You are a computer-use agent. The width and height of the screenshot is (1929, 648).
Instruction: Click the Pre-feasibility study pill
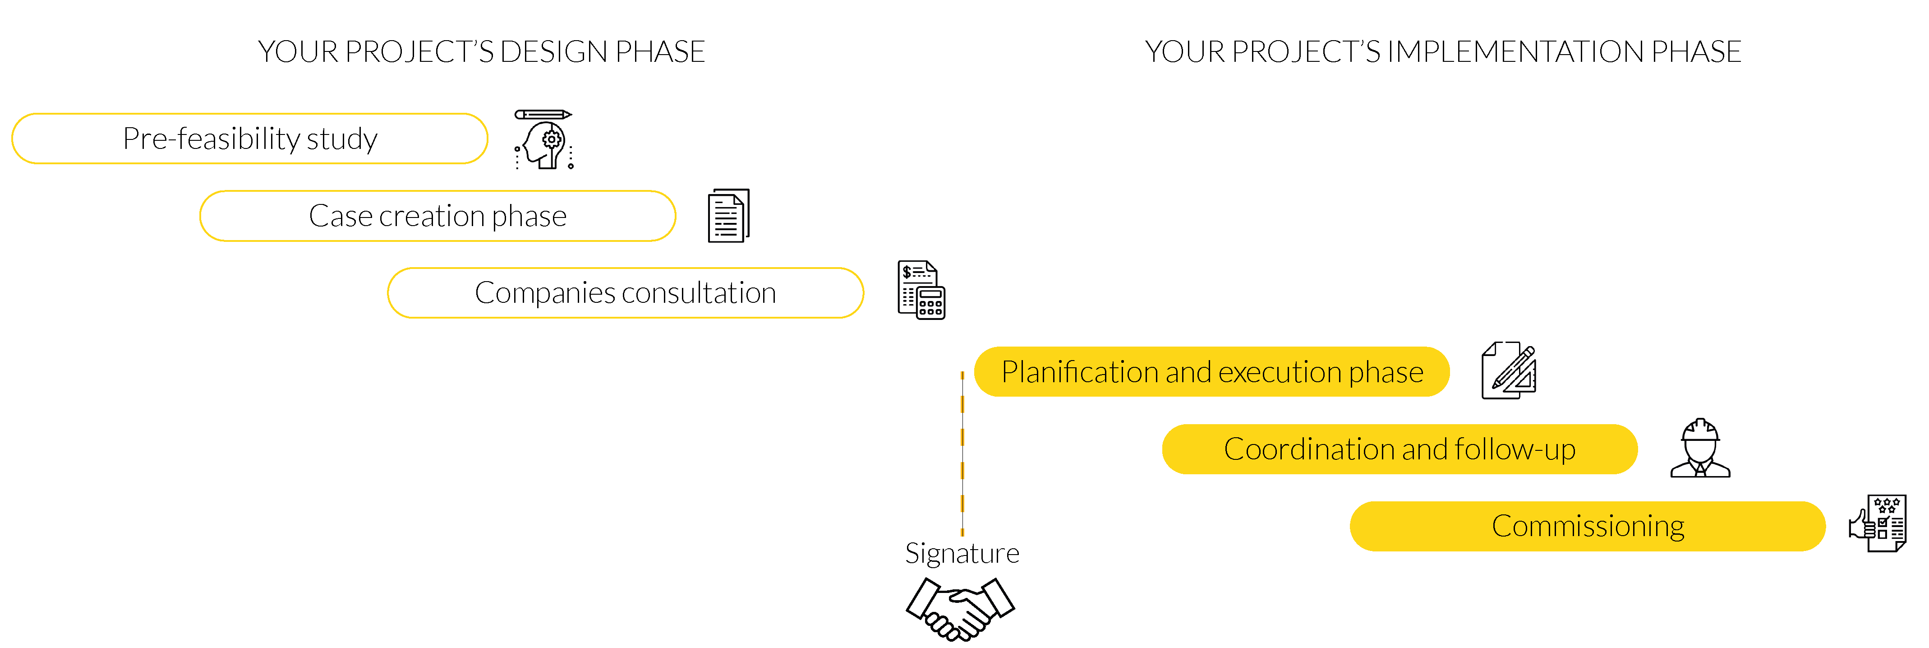249,139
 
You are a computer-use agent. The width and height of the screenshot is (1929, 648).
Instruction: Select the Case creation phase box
437,216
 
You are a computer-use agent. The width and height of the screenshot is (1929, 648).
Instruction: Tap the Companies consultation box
625,293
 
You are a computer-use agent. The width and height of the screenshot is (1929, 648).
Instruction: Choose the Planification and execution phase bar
1211,371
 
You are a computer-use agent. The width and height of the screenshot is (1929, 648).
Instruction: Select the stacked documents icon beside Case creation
728,216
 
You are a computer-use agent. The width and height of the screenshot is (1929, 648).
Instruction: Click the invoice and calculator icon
921,290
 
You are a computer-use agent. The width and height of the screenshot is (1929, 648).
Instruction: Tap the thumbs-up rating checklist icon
1877,523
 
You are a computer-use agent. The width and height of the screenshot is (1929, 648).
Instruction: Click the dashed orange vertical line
962,453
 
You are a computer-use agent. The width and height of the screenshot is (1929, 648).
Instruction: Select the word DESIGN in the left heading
553,52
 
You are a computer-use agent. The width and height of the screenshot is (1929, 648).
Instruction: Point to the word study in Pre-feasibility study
341,140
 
